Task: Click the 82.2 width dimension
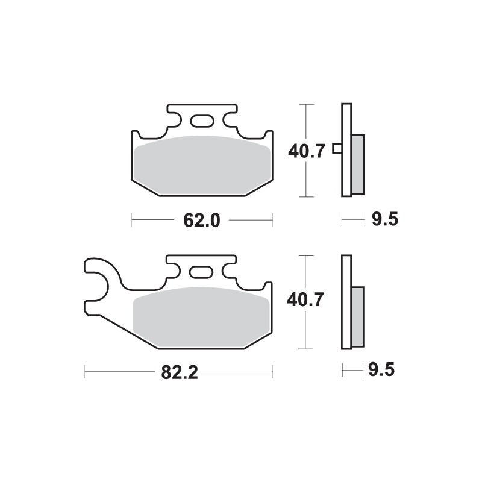pos(179,373)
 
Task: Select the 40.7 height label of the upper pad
pos(307,151)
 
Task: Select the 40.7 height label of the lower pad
pos(307,299)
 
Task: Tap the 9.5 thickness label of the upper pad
pos(384,220)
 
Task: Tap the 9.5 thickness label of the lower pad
pos(384,369)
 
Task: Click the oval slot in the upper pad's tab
pos(202,121)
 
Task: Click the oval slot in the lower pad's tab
pos(202,272)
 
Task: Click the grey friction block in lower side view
pos(357,316)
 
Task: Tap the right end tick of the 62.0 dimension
pos(273,221)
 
